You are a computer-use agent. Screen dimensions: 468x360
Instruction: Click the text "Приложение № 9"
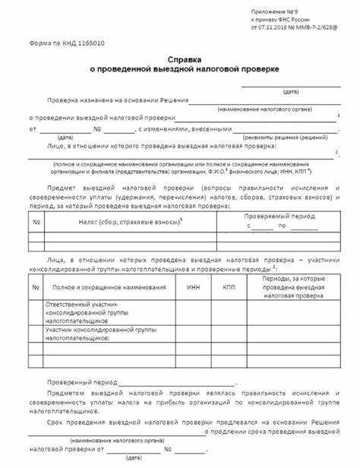275,12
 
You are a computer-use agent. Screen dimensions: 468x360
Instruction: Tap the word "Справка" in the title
180,58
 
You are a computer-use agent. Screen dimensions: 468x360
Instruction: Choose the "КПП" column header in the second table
229,287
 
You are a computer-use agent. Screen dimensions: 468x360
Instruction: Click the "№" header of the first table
36,222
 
